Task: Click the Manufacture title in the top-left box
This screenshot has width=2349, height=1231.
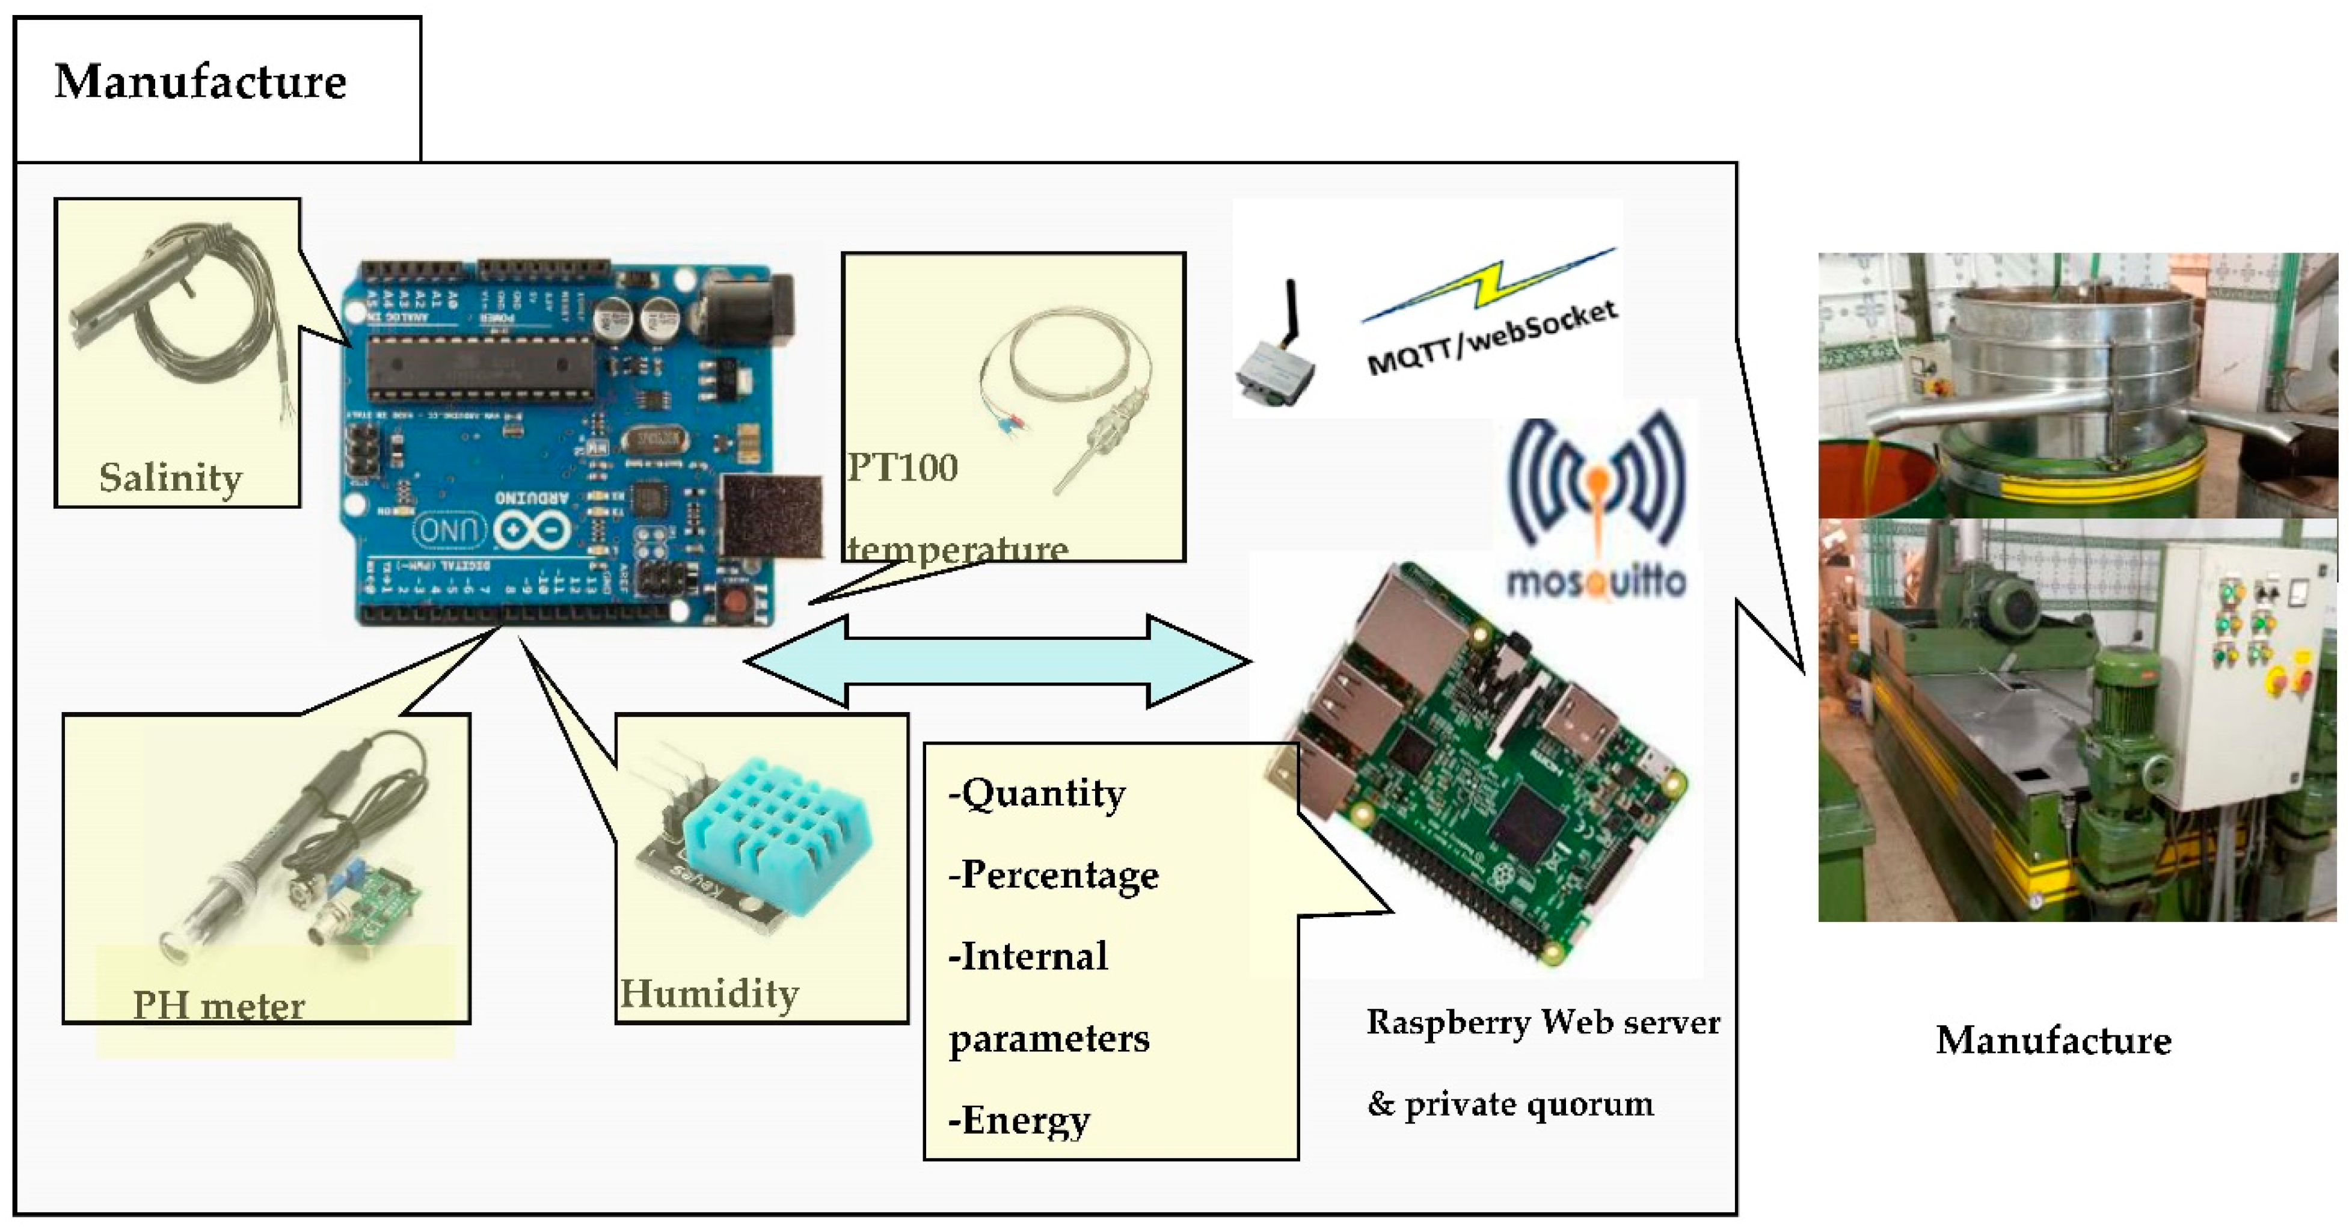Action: point(201,82)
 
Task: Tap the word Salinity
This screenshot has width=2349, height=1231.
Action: point(171,478)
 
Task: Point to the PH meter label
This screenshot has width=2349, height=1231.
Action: point(219,1005)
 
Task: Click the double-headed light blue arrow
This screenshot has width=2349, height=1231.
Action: point(998,661)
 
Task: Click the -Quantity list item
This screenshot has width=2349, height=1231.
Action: point(1038,793)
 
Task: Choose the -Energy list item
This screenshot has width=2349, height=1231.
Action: point(1019,1120)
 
